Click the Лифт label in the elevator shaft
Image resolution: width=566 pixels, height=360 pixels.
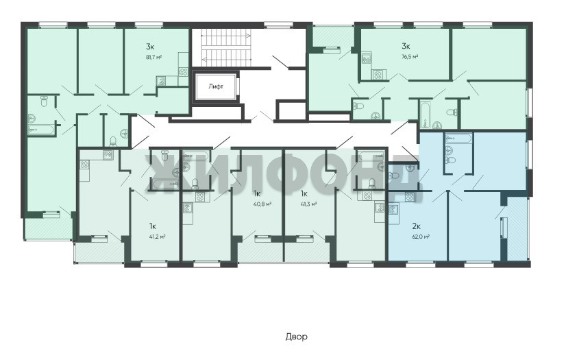click(215, 86)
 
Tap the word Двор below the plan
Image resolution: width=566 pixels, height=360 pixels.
click(296, 337)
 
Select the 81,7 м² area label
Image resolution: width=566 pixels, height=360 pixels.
click(153, 57)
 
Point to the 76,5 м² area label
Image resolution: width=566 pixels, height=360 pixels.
click(410, 57)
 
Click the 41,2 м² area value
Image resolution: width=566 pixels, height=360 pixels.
click(157, 237)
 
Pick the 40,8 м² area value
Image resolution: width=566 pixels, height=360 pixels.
click(262, 204)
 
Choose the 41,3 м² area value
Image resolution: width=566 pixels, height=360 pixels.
click(308, 204)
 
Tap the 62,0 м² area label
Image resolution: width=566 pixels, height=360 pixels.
click(421, 237)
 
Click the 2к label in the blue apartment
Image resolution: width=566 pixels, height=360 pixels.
click(416, 226)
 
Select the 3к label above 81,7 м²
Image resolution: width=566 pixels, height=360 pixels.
click(150, 46)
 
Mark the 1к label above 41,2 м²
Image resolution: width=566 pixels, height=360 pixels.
click(152, 226)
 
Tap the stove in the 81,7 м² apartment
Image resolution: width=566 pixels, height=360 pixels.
click(184, 71)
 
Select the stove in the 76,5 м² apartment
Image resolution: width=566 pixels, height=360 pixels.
click(378, 75)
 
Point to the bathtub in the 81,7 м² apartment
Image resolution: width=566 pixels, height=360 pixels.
click(41, 130)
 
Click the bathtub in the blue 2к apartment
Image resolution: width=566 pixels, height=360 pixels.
click(458, 139)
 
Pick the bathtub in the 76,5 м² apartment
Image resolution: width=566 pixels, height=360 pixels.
click(425, 114)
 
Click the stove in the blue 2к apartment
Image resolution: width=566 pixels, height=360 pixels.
click(410, 197)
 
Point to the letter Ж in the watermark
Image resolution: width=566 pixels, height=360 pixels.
click(163, 173)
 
